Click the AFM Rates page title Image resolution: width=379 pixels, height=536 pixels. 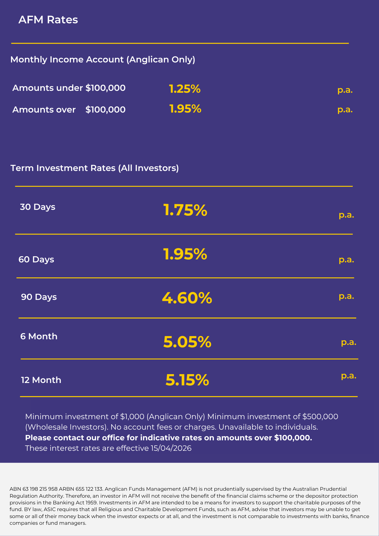[48, 20]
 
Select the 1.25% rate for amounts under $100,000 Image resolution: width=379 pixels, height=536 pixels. [185, 89]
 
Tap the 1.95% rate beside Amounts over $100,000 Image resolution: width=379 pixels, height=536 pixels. [185, 109]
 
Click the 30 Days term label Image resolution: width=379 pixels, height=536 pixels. [38, 207]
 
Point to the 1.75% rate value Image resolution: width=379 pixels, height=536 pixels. [185, 210]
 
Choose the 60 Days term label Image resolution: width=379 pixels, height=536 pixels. [36, 260]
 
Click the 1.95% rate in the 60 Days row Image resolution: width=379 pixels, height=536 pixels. [185, 254]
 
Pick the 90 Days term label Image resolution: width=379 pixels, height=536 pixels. [39, 297]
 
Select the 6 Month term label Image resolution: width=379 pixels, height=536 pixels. [39, 337]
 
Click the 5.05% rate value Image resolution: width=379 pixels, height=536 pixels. [187, 342]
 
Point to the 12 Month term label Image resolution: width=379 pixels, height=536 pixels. [41, 380]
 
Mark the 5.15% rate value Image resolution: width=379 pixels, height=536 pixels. [187, 380]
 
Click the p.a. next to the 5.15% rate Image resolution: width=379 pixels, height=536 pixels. [348, 376]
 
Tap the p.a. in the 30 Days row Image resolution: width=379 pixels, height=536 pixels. [346, 215]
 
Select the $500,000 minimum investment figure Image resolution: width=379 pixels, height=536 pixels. [320, 417]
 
